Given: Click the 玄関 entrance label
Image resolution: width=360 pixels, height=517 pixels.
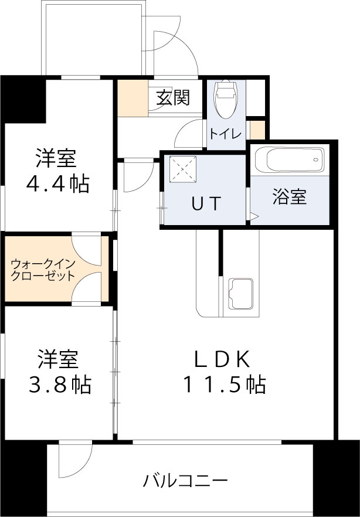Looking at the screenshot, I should tap(173, 98).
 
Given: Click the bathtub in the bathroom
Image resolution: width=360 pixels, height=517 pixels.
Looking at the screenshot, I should tap(290, 159).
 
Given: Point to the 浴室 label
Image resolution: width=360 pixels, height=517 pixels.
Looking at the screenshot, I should tap(290, 198).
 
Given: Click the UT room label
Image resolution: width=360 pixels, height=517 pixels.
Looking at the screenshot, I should tap(205, 203).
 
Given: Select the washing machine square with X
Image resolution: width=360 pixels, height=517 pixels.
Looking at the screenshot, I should tap(181, 170).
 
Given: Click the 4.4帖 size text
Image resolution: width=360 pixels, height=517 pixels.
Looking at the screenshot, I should tap(57, 184).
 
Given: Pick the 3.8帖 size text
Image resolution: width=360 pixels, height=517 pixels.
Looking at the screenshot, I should tap(59, 385).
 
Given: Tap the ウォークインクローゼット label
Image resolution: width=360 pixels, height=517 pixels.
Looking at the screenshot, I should tap(43, 270).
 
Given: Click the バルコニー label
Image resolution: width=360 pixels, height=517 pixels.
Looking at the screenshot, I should tap(185, 482).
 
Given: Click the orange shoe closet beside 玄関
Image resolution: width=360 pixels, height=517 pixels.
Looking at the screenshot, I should tap(132, 97).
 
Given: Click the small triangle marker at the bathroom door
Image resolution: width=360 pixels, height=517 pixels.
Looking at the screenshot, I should tap(254, 216).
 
